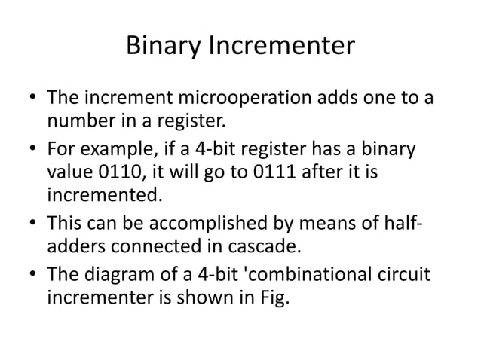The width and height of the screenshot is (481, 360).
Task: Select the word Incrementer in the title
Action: pyautogui.click(x=280, y=47)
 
